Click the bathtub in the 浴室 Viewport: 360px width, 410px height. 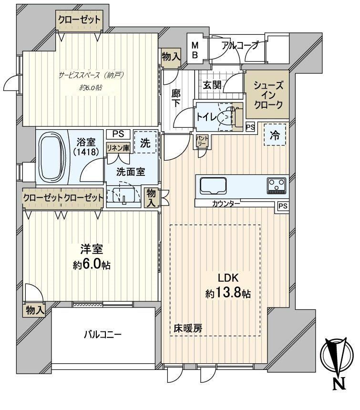[52, 158]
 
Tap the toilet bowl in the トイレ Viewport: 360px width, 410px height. [225, 118]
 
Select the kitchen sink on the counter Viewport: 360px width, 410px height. [213, 186]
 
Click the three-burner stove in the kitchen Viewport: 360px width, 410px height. [277, 185]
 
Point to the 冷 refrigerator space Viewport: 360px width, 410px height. [275, 135]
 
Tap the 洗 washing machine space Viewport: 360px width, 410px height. [145, 143]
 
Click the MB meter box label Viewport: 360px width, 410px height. [195, 50]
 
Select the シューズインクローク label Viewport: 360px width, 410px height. [268, 95]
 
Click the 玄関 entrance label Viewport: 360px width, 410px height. [212, 85]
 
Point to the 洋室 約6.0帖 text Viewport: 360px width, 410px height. [92, 257]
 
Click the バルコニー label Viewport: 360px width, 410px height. [103, 334]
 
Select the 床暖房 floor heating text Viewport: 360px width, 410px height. [188, 328]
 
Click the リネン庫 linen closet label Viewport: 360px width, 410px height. [118, 148]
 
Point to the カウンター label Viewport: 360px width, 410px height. [226, 203]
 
